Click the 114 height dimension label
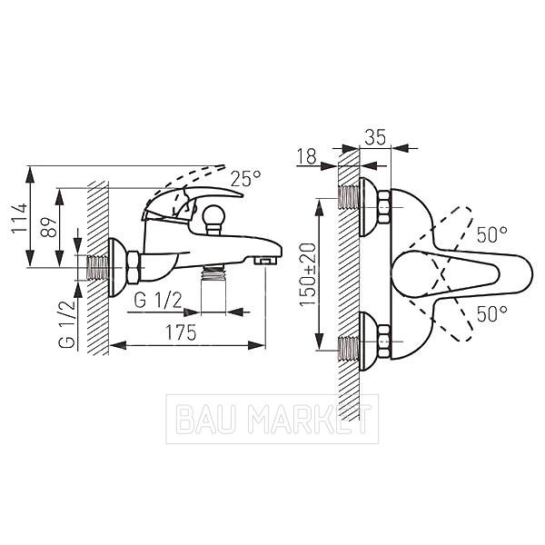tap(19, 218)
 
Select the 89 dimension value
tap(48, 227)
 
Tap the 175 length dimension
tap(181, 332)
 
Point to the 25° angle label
tap(246, 179)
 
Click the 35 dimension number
tap(375, 137)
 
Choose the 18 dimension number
tap(307, 156)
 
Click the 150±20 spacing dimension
tap(308, 274)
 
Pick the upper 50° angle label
tap(491, 234)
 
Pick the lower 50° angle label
tap(491, 313)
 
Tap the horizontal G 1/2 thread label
tap(158, 301)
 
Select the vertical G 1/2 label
tap(66, 324)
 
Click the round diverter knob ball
tap(213, 215)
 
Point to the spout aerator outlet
tap(266, 261)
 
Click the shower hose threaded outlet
tap(213, 272)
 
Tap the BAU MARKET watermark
tap(272, 419)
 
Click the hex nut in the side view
tap(133, 267)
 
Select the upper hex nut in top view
tap(383, 207)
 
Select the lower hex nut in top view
tap(383, 342)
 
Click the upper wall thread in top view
tap(348, 197)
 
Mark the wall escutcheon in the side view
tap(115, 268)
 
